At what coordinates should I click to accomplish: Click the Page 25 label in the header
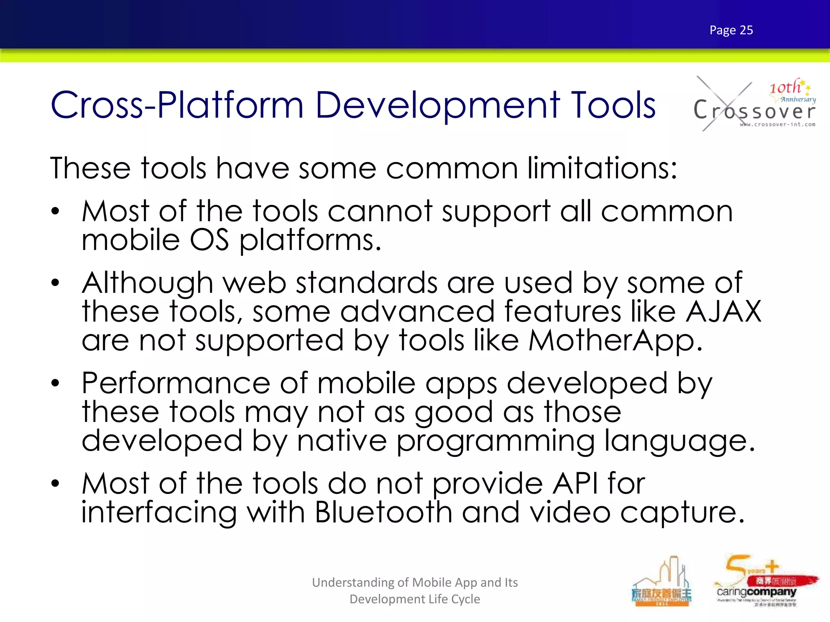(x=731, y=30)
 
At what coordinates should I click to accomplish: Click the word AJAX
(x=723, y=311)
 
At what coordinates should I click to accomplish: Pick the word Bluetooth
(x=383, y=512)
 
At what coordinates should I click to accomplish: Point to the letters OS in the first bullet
(x=209, y=240)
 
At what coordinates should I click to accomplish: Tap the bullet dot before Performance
(x=55, y=383)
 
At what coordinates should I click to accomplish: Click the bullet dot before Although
(x=55, y=283)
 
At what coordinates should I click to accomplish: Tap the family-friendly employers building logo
(x=661, y=583)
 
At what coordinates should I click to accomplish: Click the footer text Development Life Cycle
(x=415, y=599)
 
